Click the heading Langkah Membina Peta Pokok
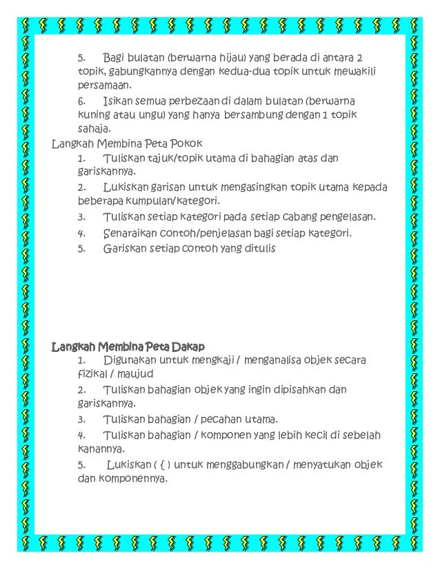[x=127, y=144]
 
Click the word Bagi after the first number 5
[x=114, y=56]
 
